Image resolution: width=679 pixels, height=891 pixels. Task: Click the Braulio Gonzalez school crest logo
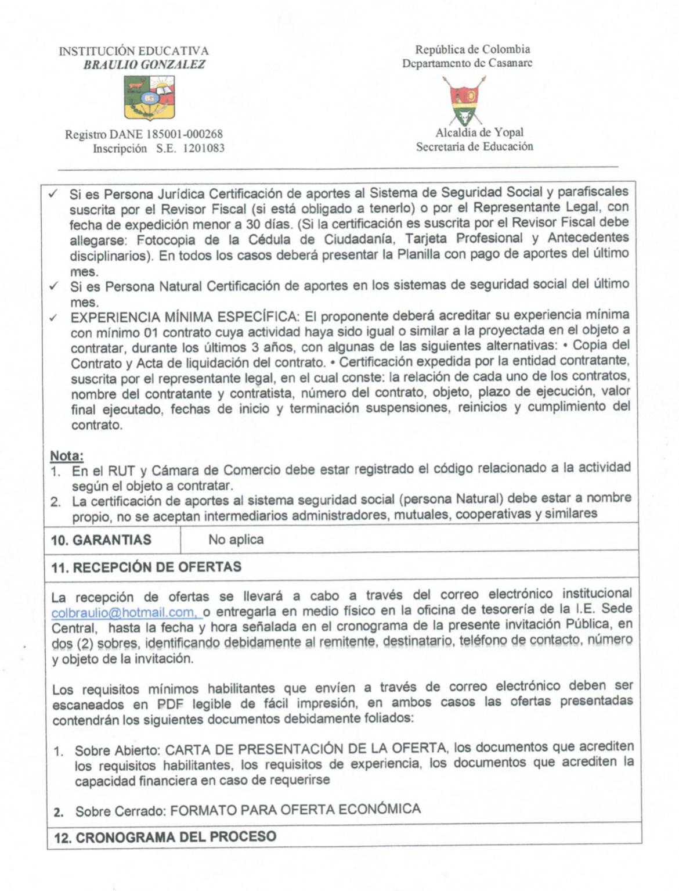[x=149, y=98]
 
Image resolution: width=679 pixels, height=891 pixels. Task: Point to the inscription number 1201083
[x=204, y=149]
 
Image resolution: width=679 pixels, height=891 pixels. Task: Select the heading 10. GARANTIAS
[x=101, y=540]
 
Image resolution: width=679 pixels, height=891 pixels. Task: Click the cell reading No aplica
[x=236, y=540]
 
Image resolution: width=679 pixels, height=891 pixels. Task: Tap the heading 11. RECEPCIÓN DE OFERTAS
[x=146, y=567]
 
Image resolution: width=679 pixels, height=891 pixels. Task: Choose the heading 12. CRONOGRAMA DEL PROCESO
[x=165, y=837]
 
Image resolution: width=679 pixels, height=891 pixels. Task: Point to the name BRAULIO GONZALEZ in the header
[x=144, y=64]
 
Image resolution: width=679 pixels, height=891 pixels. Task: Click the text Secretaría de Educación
[x=474, y=146]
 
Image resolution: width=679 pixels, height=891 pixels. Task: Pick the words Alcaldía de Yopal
[x=479, y=132]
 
